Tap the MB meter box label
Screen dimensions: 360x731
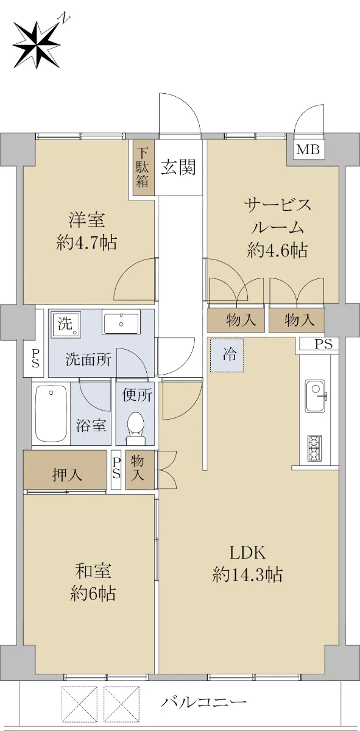pos(308,150)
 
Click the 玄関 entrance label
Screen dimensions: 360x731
pos(178,168)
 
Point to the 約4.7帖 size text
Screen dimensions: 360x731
pos(86,243)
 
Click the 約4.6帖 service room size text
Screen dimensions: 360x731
pos(277,251)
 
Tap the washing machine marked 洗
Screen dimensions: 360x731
pos(65,324)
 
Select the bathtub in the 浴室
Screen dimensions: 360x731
pos(52,413)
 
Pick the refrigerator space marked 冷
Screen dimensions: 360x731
pos(227,355)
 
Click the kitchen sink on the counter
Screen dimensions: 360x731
pos(316,396)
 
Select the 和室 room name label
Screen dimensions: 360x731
pos(93,571)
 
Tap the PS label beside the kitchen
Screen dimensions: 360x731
pos(323,344)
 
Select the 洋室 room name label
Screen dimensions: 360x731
pos(87,220)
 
